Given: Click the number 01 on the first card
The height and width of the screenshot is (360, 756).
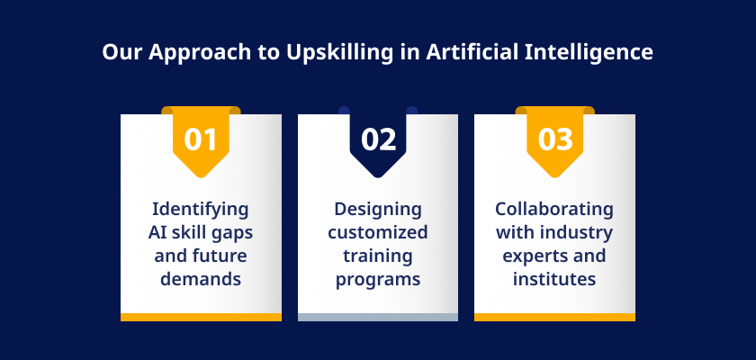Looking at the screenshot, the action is pos(201,139).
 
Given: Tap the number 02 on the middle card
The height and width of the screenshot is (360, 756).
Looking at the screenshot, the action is pos(379,139).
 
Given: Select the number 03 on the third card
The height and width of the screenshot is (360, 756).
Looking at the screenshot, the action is pos(555,139).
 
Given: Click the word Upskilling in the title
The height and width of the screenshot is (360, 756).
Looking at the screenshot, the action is pos(340,52).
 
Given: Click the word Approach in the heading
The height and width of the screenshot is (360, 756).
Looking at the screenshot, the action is pos(200,52).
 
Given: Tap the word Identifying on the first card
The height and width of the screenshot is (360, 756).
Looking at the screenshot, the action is pos(201,210).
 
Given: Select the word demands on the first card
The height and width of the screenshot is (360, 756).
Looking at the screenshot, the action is pos(201,279).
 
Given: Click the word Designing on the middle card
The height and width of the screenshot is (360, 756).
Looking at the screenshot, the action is pos(378,210).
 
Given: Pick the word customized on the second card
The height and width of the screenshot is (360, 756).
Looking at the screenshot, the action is pos(378,232).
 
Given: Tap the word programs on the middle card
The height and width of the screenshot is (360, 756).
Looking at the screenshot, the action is pos(378,280).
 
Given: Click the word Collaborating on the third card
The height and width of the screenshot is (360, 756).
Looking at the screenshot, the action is pos(554,209).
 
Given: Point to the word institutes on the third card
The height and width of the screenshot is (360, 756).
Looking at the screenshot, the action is pos(554,279).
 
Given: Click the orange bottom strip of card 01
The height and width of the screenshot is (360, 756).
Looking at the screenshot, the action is pos(201,317).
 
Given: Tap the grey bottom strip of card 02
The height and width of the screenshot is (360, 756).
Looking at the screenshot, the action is pos(378,317).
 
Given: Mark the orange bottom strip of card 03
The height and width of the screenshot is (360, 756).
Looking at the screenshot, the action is pos(554,317).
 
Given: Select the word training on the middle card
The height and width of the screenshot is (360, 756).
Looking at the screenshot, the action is pos(378,256).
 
